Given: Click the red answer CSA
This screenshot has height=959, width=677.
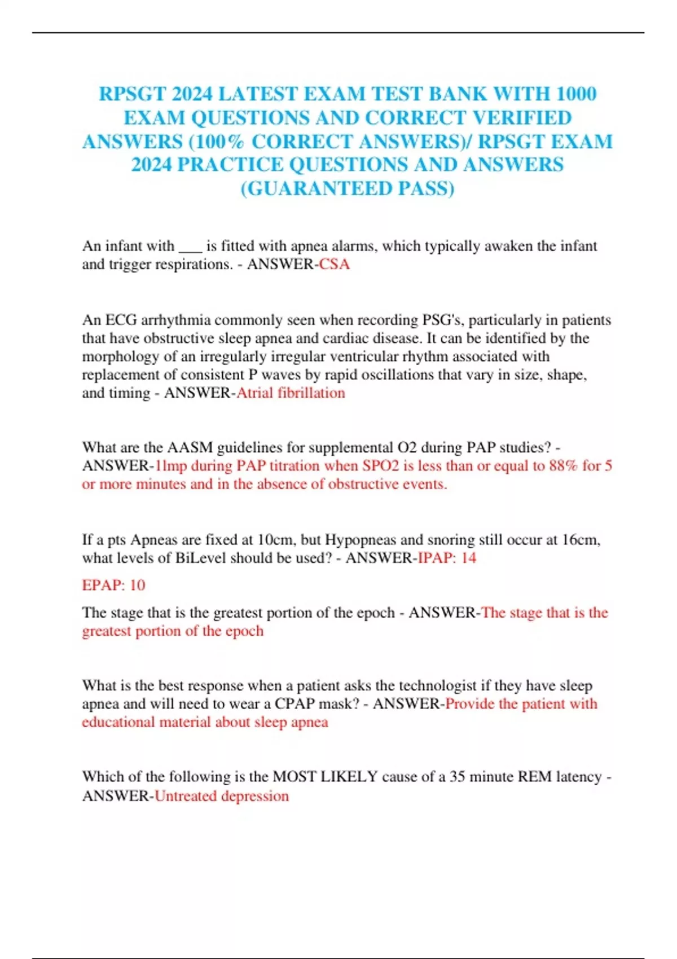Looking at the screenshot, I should [x=335, y=264].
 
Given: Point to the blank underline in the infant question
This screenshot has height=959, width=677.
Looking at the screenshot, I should [x=190, y=247].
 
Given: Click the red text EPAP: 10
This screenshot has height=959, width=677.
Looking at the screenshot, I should [x=113, y=585].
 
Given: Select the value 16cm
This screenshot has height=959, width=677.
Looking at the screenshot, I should [x=581, y=540].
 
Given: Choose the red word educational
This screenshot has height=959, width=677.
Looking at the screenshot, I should [x=118, y=722].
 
